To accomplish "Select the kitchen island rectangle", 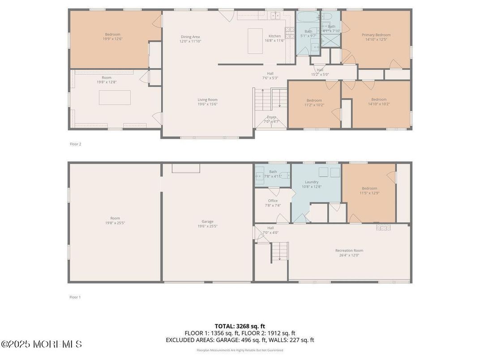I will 255,41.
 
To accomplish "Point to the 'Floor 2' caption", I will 75,144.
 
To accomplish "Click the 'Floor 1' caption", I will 75,297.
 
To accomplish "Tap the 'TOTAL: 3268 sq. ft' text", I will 240,326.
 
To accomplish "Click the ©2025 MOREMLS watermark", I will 42,344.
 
